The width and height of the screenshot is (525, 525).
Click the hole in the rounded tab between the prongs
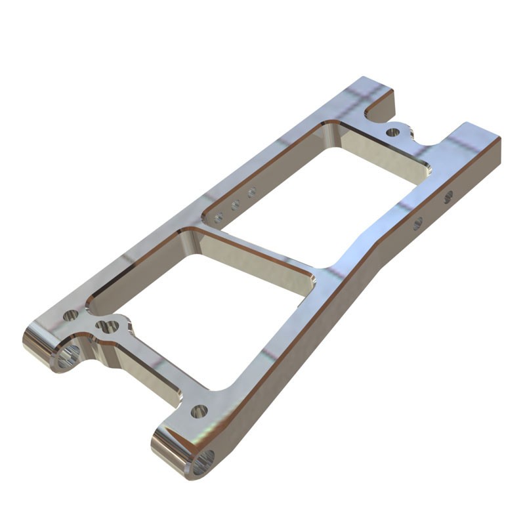392,132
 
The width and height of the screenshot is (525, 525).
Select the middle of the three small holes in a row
235,205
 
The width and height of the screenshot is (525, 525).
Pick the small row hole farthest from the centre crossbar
251,192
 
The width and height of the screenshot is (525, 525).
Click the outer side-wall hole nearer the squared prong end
449,196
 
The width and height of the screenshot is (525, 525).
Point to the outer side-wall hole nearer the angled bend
418,223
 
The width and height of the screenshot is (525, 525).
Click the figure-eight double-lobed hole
107,325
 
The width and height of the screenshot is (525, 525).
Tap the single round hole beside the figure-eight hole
71,316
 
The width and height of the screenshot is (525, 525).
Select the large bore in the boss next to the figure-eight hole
68,356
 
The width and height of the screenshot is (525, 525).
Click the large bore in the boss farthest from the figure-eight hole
203,463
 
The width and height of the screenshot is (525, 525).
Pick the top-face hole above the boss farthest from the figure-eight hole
199,411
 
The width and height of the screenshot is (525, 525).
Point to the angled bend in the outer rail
367,256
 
